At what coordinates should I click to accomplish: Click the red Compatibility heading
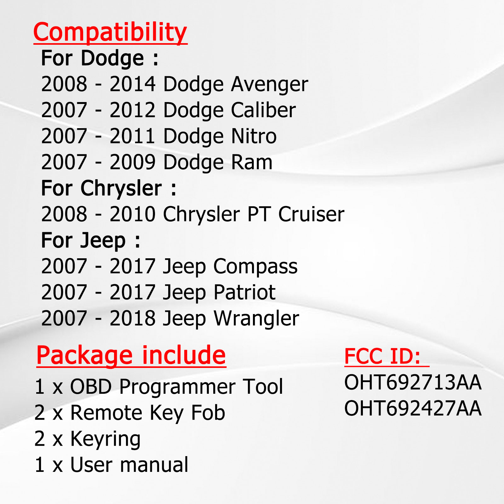(110, 32)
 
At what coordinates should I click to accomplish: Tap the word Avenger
(269, 84)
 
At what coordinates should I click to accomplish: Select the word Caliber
(263, 110)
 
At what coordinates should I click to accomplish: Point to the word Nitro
(254, 136)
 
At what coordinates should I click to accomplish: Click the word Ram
(252, 162)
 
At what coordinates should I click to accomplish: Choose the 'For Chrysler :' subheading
(109, 188)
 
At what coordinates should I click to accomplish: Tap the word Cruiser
(311, 214)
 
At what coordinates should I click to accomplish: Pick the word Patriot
(244, 292)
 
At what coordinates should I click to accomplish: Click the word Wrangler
(256, 319)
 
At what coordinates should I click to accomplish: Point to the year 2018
(132, 318)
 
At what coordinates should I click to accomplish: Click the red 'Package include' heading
(131, 355)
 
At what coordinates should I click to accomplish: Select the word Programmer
(177, 387)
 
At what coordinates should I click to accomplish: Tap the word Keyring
(105, 439)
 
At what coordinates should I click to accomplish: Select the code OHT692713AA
(413, 382)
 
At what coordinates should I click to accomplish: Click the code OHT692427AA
(413, 409)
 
